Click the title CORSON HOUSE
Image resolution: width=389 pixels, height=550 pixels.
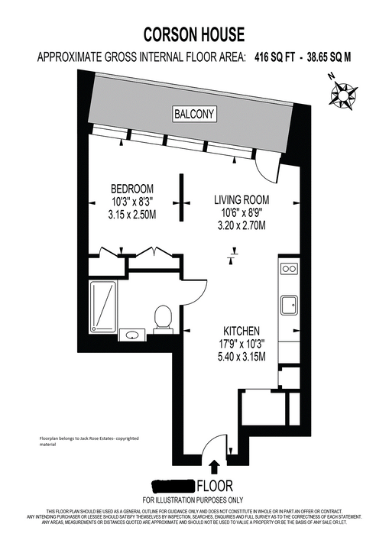point(194,34)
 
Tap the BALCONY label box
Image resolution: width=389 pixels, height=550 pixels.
point(194,115)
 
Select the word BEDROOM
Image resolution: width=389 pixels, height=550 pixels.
point(132,189)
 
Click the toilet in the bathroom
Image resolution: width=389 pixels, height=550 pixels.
point(162,317)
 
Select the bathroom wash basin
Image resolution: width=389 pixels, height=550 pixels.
point(132,335)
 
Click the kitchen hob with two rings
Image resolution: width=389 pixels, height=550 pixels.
point(289,269)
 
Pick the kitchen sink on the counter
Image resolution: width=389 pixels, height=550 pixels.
point(289,305)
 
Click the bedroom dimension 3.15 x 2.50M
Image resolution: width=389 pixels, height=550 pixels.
point(133,215)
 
